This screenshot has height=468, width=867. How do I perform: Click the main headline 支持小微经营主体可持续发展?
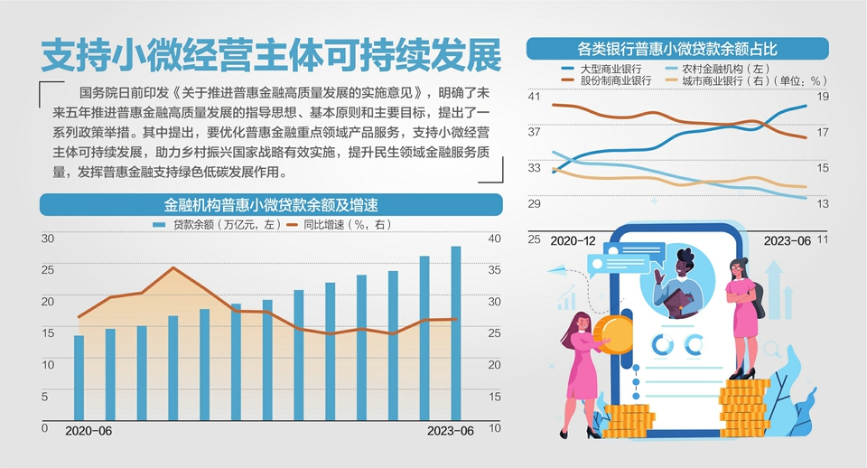pos(270,56)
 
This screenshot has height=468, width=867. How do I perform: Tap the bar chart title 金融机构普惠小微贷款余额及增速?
pos(270,204)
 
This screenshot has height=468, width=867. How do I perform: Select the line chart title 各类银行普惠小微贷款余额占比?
pos(677,48)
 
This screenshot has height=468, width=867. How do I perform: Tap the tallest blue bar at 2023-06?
pos(456,334)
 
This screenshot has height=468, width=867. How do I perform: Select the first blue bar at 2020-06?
pos(79,379)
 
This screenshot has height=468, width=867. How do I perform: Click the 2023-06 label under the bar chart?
pos(449,431)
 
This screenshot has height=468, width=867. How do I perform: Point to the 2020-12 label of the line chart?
pos(572,240)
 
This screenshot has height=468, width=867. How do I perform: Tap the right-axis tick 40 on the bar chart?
pos(494,239)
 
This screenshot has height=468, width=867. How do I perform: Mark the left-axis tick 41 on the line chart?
pos(534,96)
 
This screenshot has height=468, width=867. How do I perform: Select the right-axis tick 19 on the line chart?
pos(823,96)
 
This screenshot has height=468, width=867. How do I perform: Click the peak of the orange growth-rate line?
pos(174,268)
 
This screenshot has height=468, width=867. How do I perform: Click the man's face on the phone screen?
pos(679,266)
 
